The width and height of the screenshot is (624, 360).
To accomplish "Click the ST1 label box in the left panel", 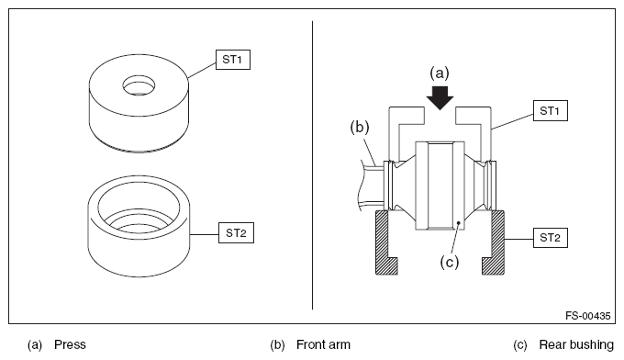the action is [233, 60].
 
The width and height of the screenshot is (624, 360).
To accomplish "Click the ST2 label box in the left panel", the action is [236, 233].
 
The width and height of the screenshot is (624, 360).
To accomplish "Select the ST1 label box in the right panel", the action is [551, 111].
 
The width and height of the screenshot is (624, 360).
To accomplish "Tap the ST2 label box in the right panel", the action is [551, 238].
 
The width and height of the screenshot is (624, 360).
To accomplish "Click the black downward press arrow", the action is [440, 97].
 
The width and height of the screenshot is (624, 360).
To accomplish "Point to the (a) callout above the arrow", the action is [440, 73].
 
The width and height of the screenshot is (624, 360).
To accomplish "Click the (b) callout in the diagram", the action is [360, 128].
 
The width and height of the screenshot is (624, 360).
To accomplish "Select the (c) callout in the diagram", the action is [450, 262].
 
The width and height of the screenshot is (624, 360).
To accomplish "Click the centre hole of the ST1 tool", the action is [139, 85].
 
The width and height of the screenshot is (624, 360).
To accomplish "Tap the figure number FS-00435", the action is [588, 316].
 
